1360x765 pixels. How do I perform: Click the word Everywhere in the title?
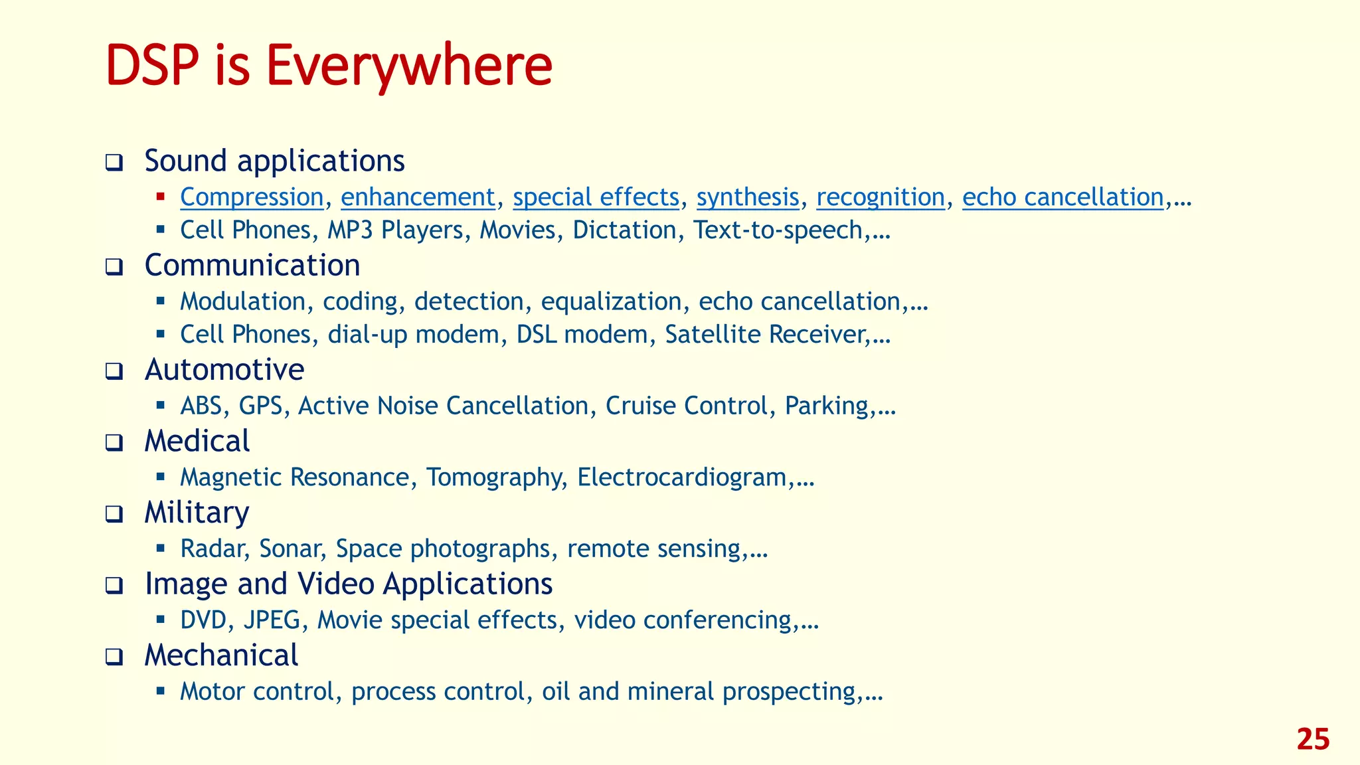[x=409, y=65]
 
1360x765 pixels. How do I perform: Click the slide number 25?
[x=1313, y=740]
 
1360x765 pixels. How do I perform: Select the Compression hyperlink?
[x=252, y=197]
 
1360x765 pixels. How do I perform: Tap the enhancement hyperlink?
[x=418, y=197]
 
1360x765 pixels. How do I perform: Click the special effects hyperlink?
[x=596, y=197]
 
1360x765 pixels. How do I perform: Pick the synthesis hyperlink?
[x=747, y=197]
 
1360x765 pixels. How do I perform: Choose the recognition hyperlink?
[x=880, y=197]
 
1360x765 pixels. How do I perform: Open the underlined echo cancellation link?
[x=1062, y=197]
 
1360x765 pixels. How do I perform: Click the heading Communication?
[x=252, y=266]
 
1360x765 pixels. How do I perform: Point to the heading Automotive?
[x=224, y=370]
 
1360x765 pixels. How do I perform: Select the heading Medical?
[x=197, y=442]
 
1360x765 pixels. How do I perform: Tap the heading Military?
[x=197, y=513]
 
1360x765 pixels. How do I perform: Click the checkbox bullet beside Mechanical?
[x=114, y=657]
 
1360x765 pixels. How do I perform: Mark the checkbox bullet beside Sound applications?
[x=114, y=163]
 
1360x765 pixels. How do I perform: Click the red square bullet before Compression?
[x=161, y=197]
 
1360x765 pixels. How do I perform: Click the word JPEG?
[x=272, y=620]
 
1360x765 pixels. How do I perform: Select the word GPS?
[x=260, y=406]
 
